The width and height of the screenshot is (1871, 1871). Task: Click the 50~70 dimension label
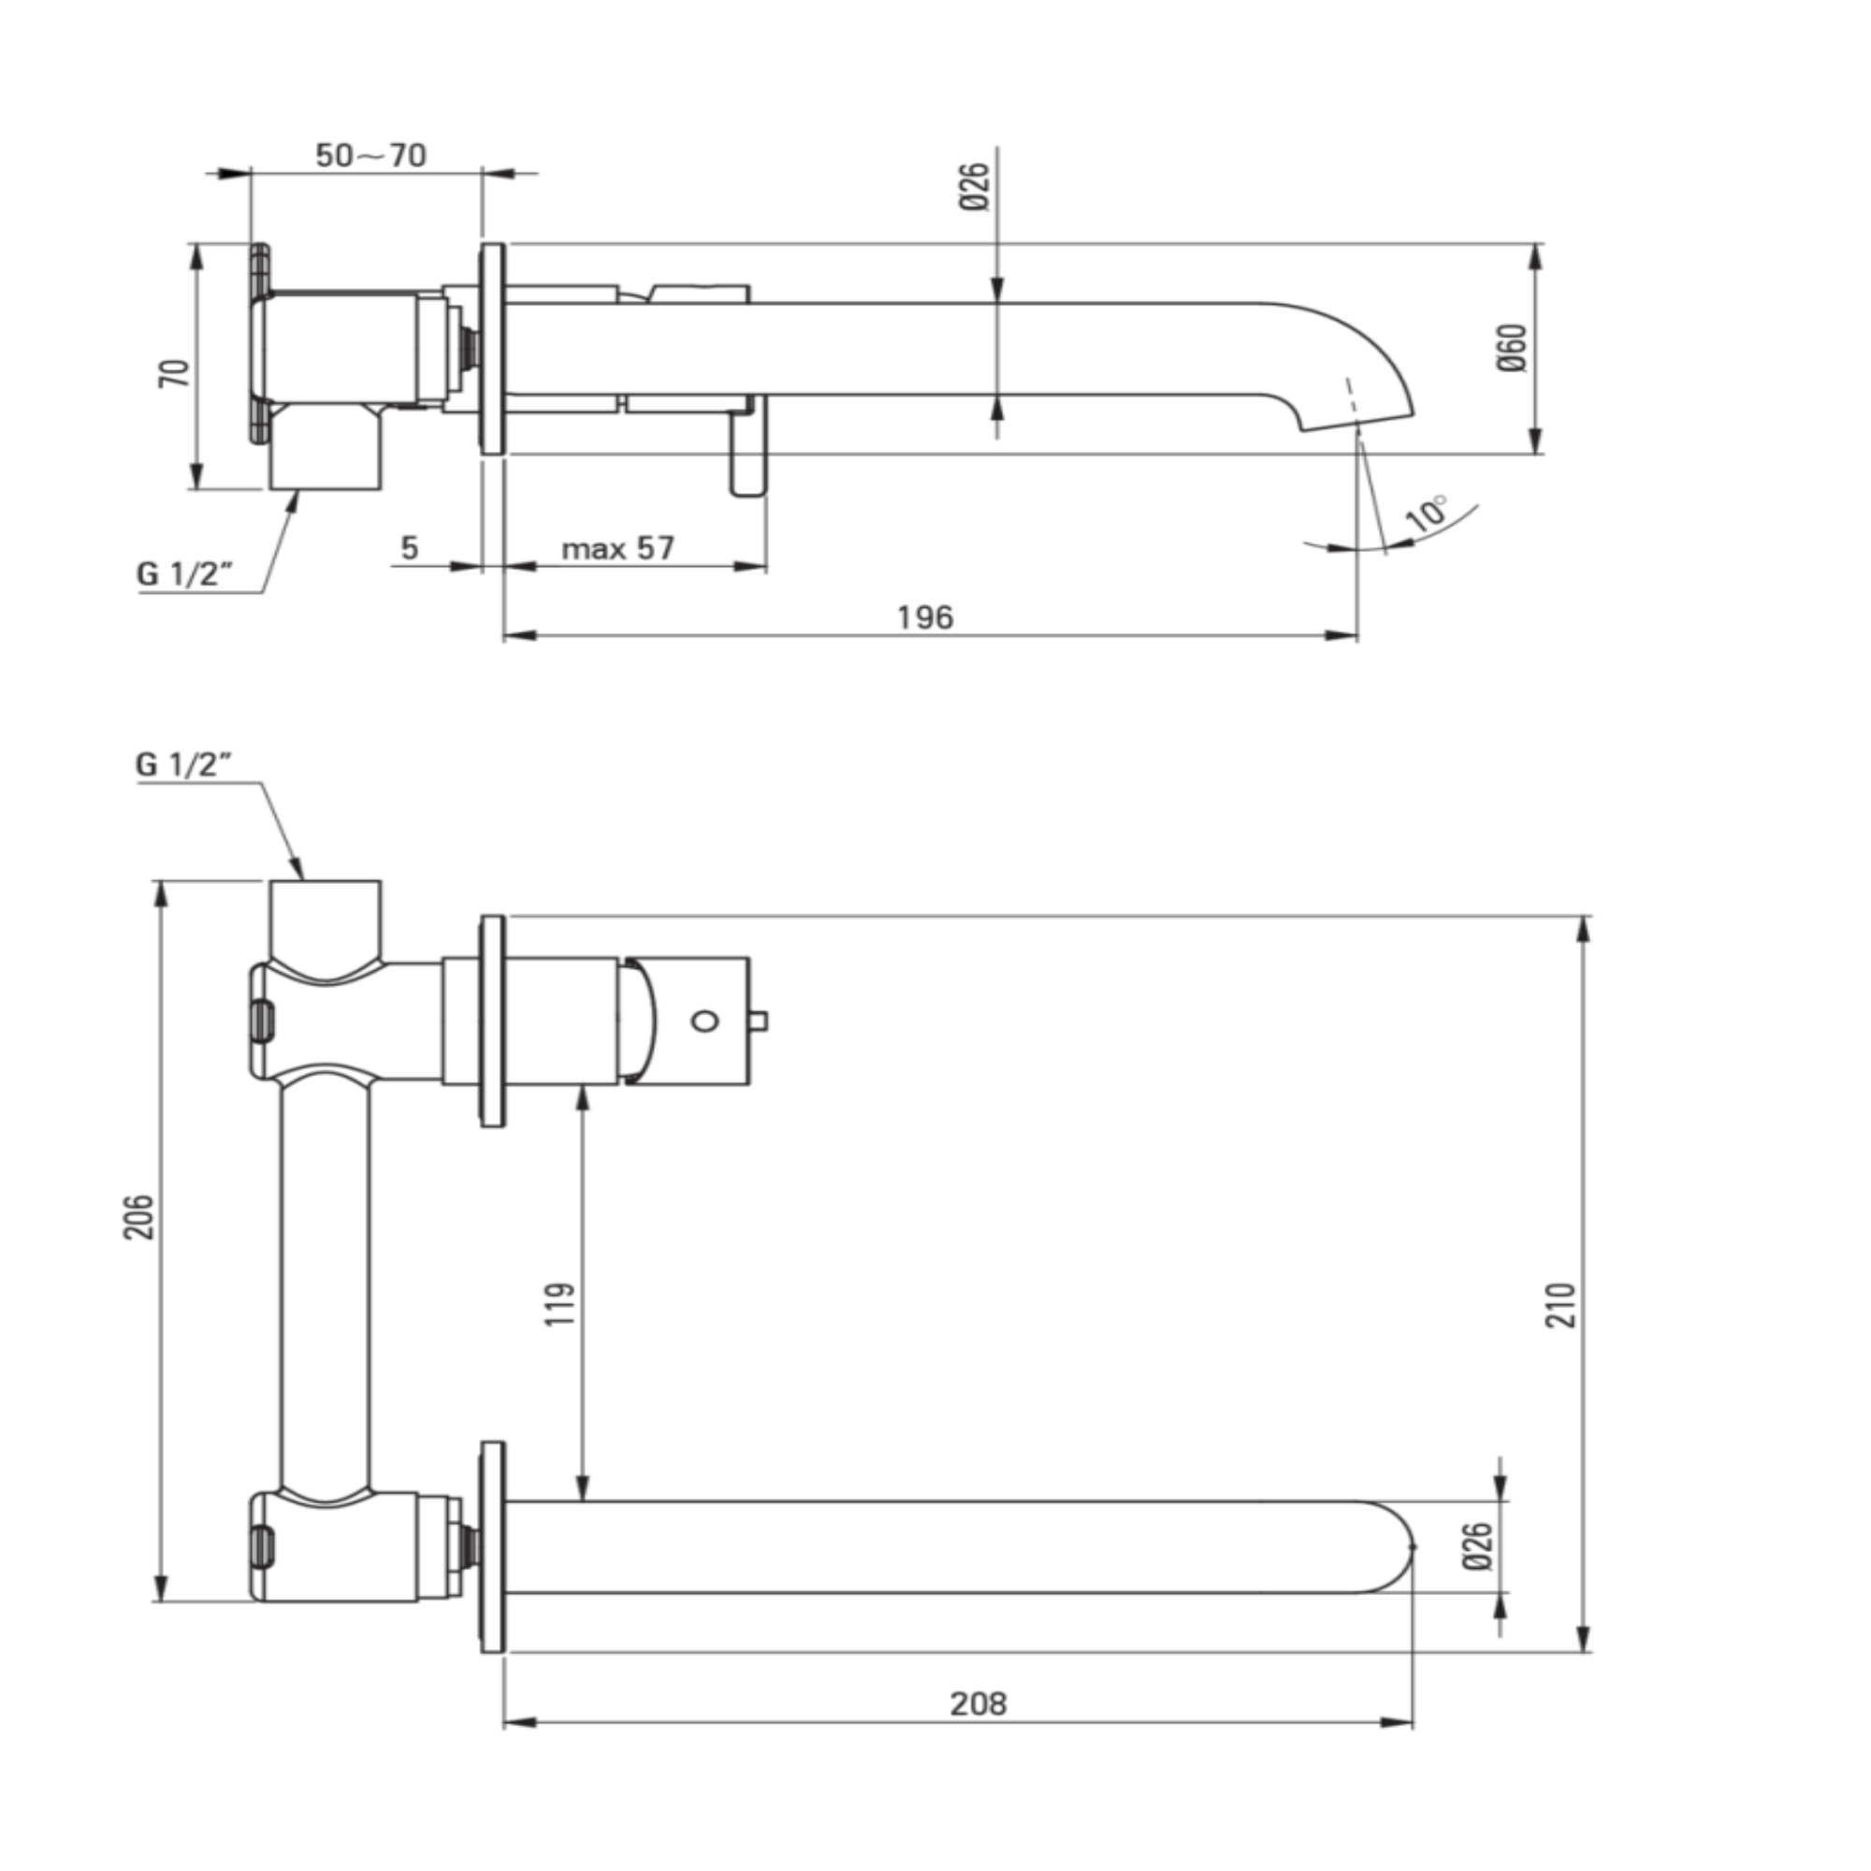coord(370,155)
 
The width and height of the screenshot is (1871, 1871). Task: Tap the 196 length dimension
coord(925,616)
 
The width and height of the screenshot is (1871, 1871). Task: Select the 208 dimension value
coord(979,1704)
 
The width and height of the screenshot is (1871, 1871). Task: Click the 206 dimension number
coord(138,1217)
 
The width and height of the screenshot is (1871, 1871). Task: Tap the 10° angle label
coord(1428,512)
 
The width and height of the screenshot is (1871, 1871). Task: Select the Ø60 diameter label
coord(1512,349)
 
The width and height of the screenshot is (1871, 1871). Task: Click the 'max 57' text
coord(617,548)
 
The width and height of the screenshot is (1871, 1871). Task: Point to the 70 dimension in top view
coord(174,373)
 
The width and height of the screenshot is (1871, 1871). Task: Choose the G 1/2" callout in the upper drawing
coord(185,573)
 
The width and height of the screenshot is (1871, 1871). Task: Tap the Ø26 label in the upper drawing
coord(976,187)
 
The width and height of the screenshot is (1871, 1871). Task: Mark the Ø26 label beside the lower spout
coord(1479,1546)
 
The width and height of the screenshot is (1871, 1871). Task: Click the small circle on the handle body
coord(704,1021)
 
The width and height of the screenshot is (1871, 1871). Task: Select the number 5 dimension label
coord(410,548)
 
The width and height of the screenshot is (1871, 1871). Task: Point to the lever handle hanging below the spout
coord(748,451)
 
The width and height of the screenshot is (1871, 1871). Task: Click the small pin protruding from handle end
coord(760,1021)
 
